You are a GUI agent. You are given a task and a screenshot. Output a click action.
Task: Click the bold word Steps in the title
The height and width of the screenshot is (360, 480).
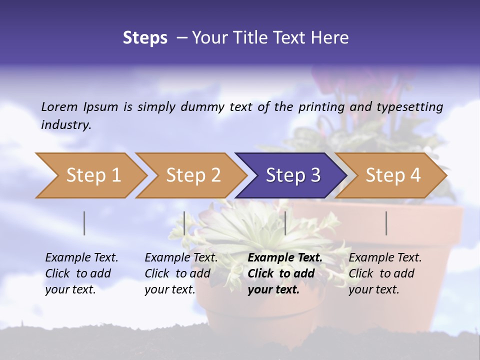point(145,38)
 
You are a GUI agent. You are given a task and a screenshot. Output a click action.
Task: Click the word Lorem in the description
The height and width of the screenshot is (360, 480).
point(59,106)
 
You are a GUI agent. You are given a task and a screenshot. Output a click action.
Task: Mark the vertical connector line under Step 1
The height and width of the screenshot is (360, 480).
point(84,223)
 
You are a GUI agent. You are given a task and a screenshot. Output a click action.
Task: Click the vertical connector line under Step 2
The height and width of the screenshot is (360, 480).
point(184,223)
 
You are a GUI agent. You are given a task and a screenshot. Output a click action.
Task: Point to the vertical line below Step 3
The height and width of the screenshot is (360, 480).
point(285,223)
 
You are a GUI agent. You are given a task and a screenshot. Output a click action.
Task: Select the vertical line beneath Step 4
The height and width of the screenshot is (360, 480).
point(386,223)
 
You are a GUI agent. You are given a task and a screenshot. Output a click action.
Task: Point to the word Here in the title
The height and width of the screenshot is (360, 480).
point(331,38)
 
